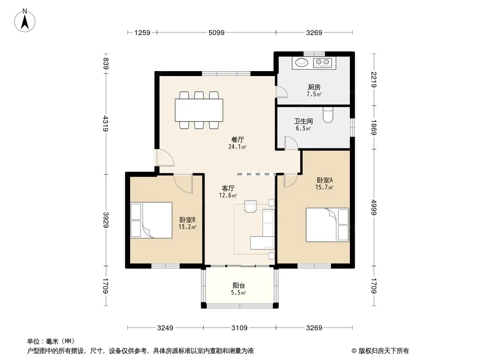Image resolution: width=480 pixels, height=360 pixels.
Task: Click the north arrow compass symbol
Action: point(25,21)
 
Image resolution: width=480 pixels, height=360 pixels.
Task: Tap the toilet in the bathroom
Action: point(328,115)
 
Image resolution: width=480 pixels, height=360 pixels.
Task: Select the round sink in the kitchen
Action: point(302,62)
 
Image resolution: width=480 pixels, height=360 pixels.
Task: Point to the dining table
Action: point(199,110)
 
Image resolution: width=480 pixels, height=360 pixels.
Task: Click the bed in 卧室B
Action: point(151,220)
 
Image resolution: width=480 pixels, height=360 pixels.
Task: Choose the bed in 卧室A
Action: point(327,225)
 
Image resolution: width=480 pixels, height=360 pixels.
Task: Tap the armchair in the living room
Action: point(250,206)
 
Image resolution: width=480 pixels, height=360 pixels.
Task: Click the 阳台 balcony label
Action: point(239,286)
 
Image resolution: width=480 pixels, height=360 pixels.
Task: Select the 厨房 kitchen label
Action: point(314,87)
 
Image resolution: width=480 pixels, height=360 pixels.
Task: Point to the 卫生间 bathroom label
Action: point(303,121)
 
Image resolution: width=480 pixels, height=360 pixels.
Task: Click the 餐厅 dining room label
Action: point(238,140)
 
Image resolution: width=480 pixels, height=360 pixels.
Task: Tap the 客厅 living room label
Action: point(228,189)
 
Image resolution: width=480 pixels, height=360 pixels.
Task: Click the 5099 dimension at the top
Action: point(217,32)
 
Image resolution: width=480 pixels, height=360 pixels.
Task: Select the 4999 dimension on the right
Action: point(374,207)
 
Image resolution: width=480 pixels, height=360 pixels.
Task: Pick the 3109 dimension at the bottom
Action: point(240,328)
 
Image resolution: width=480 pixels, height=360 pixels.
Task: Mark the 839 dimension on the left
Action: point(106,63)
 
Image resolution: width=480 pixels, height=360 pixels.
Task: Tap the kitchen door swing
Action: point(281,92)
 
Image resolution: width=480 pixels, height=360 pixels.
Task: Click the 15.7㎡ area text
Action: point(324,187)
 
